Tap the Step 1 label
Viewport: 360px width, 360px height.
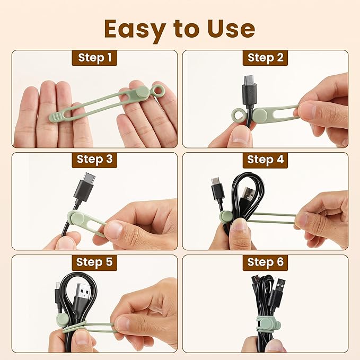pyautogui.click(x=94, y=57)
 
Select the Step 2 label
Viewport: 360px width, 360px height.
pyautogui.click(x=265, y=57)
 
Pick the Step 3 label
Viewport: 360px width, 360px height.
pyautogui.click(x=94, y=159)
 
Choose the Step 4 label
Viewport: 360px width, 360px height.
pyautogui.click(x=265, y=159)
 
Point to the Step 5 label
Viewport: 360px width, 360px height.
pyautogui.click(x=94, y=261)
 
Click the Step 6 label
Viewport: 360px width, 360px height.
pyautogui.click(x=265, y=261)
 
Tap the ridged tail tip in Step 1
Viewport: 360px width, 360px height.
pyautogui.click(x=55, y=115)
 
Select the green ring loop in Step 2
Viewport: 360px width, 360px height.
pyautogui.click(x=238, y=115)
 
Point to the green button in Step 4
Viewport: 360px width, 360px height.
pyautogui.click(x=227, y=216)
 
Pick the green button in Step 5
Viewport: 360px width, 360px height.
pyautogui.click(x=63, y=319)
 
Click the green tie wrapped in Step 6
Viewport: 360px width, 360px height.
pyautogui.click(x=264, y=321)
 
